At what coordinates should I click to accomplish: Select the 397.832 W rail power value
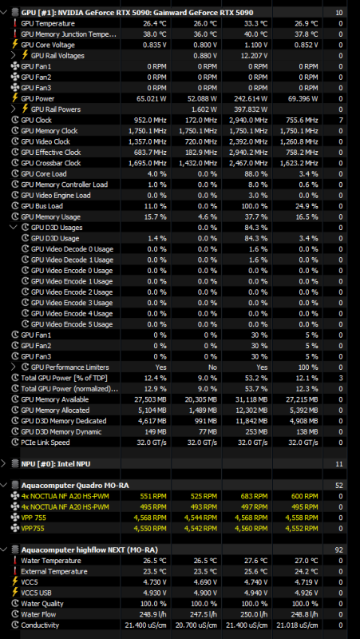(251, 109)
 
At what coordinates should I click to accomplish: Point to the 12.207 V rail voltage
(254, 55)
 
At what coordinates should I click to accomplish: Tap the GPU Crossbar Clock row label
(51, 163)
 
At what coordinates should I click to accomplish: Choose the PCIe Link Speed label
(45, 443)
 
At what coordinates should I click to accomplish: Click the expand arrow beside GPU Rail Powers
(14, 109)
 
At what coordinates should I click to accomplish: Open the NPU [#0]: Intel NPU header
(56, 464)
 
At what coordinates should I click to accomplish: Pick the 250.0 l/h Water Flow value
(254, 614)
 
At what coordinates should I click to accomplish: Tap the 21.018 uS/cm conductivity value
(298, 625)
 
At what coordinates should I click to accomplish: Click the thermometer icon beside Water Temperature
(15, 561)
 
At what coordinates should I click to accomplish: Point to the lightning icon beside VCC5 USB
(15, 593)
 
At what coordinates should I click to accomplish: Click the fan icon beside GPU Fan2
(15, 77)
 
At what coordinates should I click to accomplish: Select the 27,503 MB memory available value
(150, 399)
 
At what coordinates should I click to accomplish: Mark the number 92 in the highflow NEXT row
(338, 550)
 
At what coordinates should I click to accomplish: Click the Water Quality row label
(42, 604)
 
